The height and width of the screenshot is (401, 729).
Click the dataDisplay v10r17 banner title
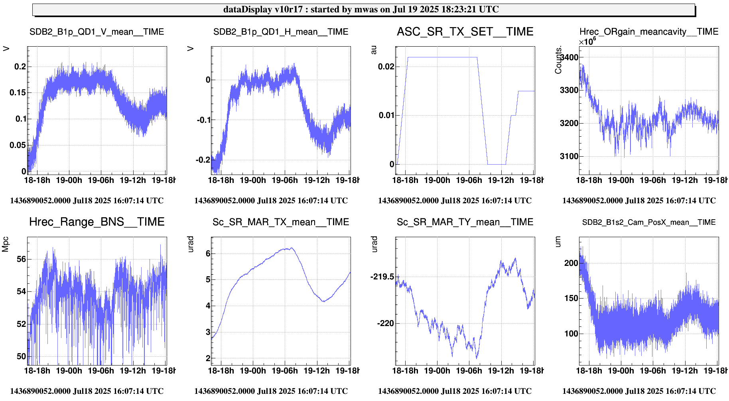[x=361, y=10]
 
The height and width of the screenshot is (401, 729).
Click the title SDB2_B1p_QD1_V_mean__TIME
[x=97, y=32]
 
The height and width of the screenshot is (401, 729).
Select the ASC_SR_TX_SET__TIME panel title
[x=465, y=32]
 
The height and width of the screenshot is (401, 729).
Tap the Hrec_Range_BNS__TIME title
[x=97, y=222]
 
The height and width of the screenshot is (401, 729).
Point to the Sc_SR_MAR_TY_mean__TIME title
[x=465, y=222]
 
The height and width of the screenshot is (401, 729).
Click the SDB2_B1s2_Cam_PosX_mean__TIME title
[x=649, y=222]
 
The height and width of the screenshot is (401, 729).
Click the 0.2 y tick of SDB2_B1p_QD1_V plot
[x=20, y=67]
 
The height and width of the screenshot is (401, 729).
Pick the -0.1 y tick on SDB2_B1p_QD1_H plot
[x=203, y=120]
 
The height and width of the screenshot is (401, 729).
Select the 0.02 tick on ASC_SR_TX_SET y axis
[x=386, y=67]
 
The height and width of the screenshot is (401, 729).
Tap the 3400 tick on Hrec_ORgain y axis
[x=569, y=57]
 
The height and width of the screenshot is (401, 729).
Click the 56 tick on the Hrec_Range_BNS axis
[x=21, y=259]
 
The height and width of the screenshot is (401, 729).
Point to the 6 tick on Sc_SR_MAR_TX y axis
[x=208, y=254]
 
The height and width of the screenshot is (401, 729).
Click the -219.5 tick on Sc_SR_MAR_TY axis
[x=382, y=277]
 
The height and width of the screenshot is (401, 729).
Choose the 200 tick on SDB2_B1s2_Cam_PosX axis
[x=571, y=263]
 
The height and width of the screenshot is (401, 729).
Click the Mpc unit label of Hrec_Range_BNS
[x=6, y=244]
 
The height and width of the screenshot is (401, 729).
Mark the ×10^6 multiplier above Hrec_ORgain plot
[x=587, y=41]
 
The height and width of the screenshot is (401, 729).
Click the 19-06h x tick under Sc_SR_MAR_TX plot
[x=284, y=371]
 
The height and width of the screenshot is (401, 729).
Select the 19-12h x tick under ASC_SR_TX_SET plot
[x=501, y=180]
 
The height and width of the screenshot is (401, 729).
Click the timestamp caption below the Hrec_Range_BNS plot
[x=87, y=391]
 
